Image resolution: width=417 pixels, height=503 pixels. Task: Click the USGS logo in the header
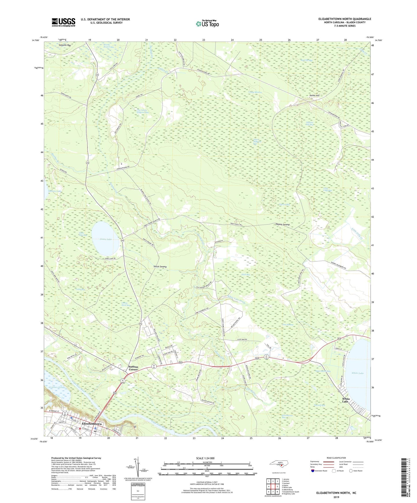pyautogui.click(x=63, y=22)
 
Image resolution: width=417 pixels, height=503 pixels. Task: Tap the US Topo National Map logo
pyautogui.click(x=207, y=23)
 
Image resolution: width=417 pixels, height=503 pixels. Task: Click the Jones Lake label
pyautogui.click(x=106, y=239)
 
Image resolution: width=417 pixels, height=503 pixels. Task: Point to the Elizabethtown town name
pyautogui.click(x=92, y=424)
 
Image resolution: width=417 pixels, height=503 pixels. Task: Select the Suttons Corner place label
pyautogui.click(x=133, y=368)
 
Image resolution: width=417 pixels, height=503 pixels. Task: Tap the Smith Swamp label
pyautogui.click(x=160, y=267)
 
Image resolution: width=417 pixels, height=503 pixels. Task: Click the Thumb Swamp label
pyautogui.click(x=282, y=224)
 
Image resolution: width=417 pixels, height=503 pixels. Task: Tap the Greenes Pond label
pyautogui.click(x=57, y=387)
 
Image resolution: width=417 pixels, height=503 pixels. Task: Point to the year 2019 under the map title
pyautogui.click(x=336, y=497)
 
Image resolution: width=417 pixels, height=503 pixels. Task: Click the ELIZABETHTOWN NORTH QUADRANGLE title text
pyautogui.click(x=345, y=19)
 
